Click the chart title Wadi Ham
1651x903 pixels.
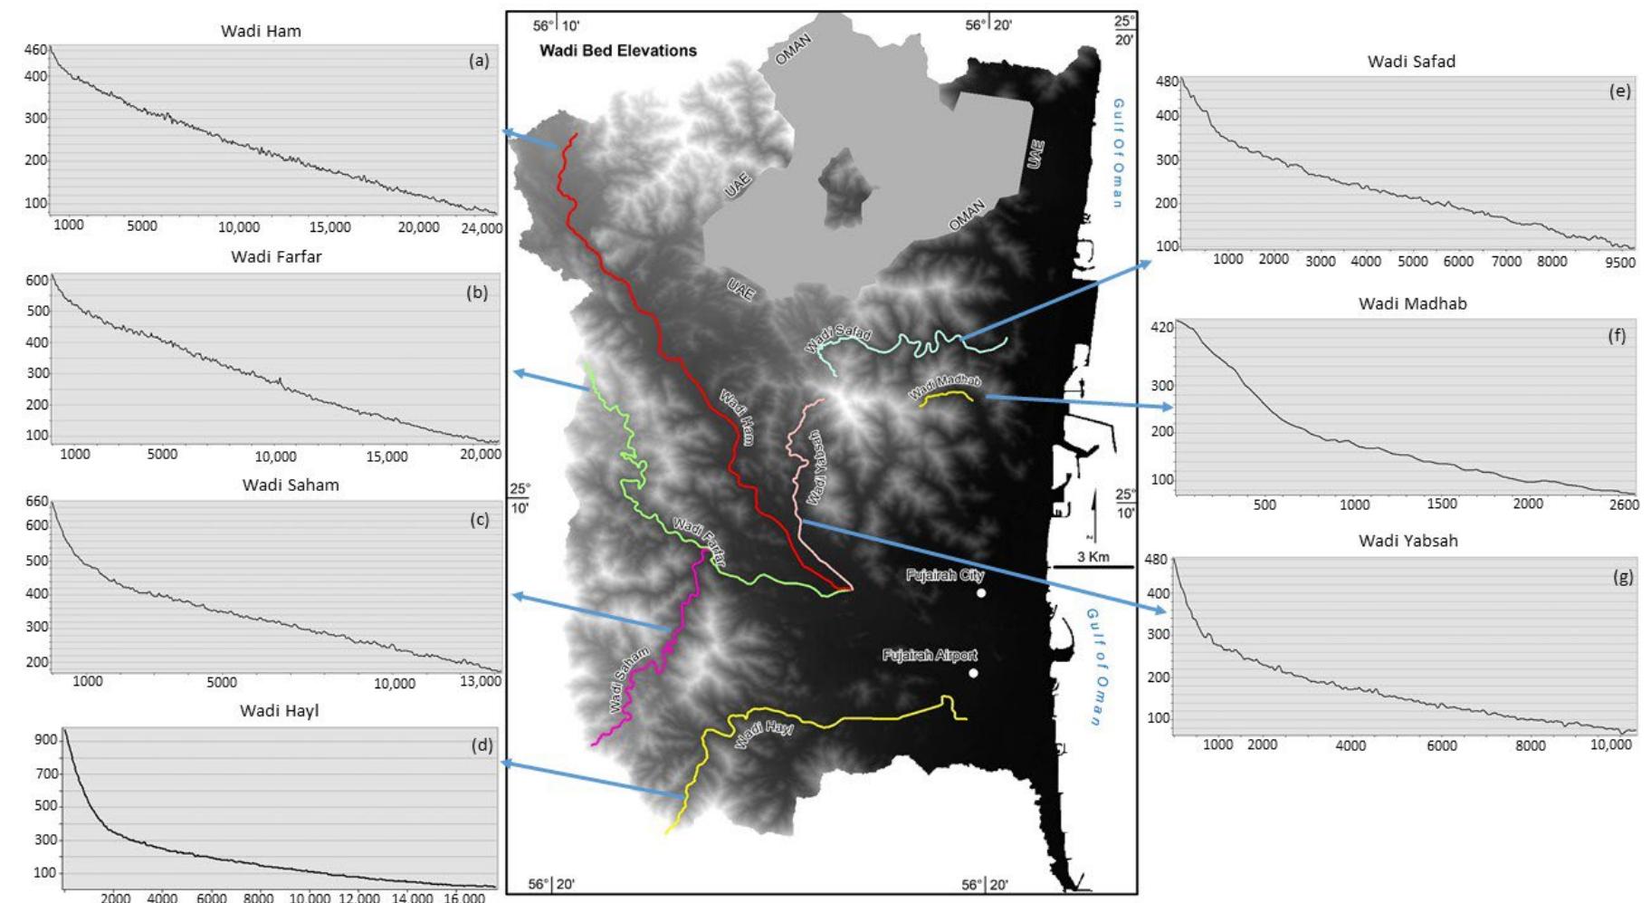click(261, 31)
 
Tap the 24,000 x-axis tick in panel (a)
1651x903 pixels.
click(481, 228)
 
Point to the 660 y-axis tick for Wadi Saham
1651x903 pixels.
click(36, 502)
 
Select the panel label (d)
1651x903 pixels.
click(482, 745)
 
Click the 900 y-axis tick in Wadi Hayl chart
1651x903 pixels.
click(45, 740)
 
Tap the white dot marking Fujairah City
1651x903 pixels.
click(981, 593)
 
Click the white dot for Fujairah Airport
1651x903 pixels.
click(973, 673)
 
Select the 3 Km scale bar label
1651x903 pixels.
click(1093, 557)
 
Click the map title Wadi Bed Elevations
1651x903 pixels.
click(618, 51)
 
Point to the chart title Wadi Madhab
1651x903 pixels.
click(1412, 304)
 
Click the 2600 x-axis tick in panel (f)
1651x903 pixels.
click(1624, 505)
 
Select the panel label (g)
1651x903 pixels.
click(1623, 577)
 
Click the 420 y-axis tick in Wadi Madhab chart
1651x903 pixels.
click(1161, 328)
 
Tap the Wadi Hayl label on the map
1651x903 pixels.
click(764, 733)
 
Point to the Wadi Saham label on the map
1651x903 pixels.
click(629, 679)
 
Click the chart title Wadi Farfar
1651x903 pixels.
click(276, 257)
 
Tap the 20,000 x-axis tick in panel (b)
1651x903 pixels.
click(480, 455)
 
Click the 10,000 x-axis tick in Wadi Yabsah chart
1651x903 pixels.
click(1611, 745)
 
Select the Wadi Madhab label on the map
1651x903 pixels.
click(945, 387)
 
